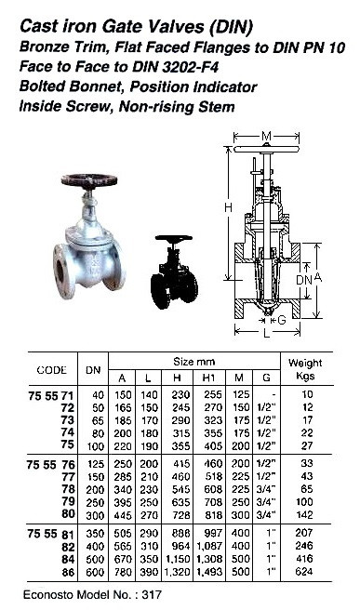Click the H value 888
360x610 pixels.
click(177, 530)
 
